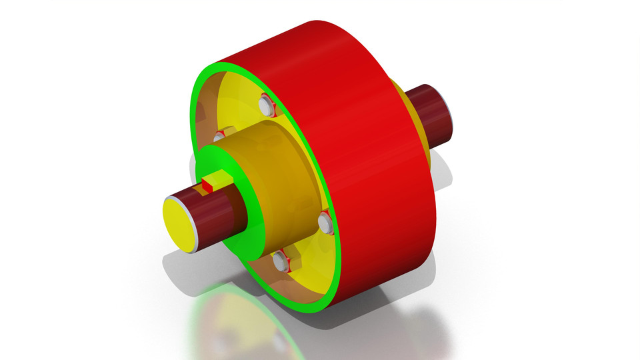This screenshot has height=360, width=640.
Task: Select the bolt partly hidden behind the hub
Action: coord(218,137)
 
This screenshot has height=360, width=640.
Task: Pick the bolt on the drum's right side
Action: coord(325,221)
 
